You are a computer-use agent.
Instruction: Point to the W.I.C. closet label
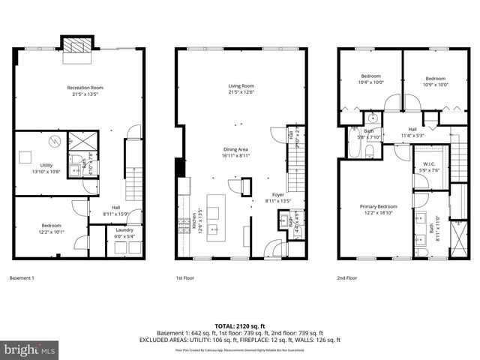pyautogui.click(x=428, y=166)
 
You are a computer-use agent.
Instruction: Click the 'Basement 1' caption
pyautogui.click(x=22, y=277)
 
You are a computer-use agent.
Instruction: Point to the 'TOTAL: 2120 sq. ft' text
pyautogui.click(x=240, y=325)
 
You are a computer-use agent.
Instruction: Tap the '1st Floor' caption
pyautogui.click(x=185, y=277)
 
